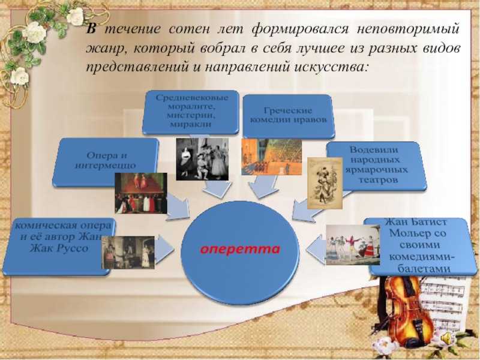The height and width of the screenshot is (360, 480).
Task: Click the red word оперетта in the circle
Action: point(240,249)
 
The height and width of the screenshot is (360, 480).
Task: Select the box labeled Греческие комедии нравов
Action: point(288,116)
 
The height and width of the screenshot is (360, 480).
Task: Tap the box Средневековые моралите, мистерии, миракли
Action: point(190,112)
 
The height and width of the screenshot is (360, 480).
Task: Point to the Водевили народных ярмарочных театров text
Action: point(377,164)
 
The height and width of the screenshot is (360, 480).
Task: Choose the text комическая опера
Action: point(64,226)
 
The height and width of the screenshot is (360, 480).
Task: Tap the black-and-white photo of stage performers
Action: point(202,159)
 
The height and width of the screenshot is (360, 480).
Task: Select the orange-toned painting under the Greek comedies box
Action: point(272,157)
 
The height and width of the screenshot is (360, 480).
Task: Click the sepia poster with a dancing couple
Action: point(325,183)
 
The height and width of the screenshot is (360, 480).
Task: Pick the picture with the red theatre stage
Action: point(141,193)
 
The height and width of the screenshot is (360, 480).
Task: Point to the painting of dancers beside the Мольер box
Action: point(353,245)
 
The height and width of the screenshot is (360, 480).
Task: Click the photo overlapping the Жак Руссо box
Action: point(128,253)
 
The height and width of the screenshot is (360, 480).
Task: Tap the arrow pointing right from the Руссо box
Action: point(164,249)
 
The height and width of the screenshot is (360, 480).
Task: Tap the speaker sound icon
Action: point(446,338)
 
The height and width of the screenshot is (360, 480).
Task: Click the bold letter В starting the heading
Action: point(91,29)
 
